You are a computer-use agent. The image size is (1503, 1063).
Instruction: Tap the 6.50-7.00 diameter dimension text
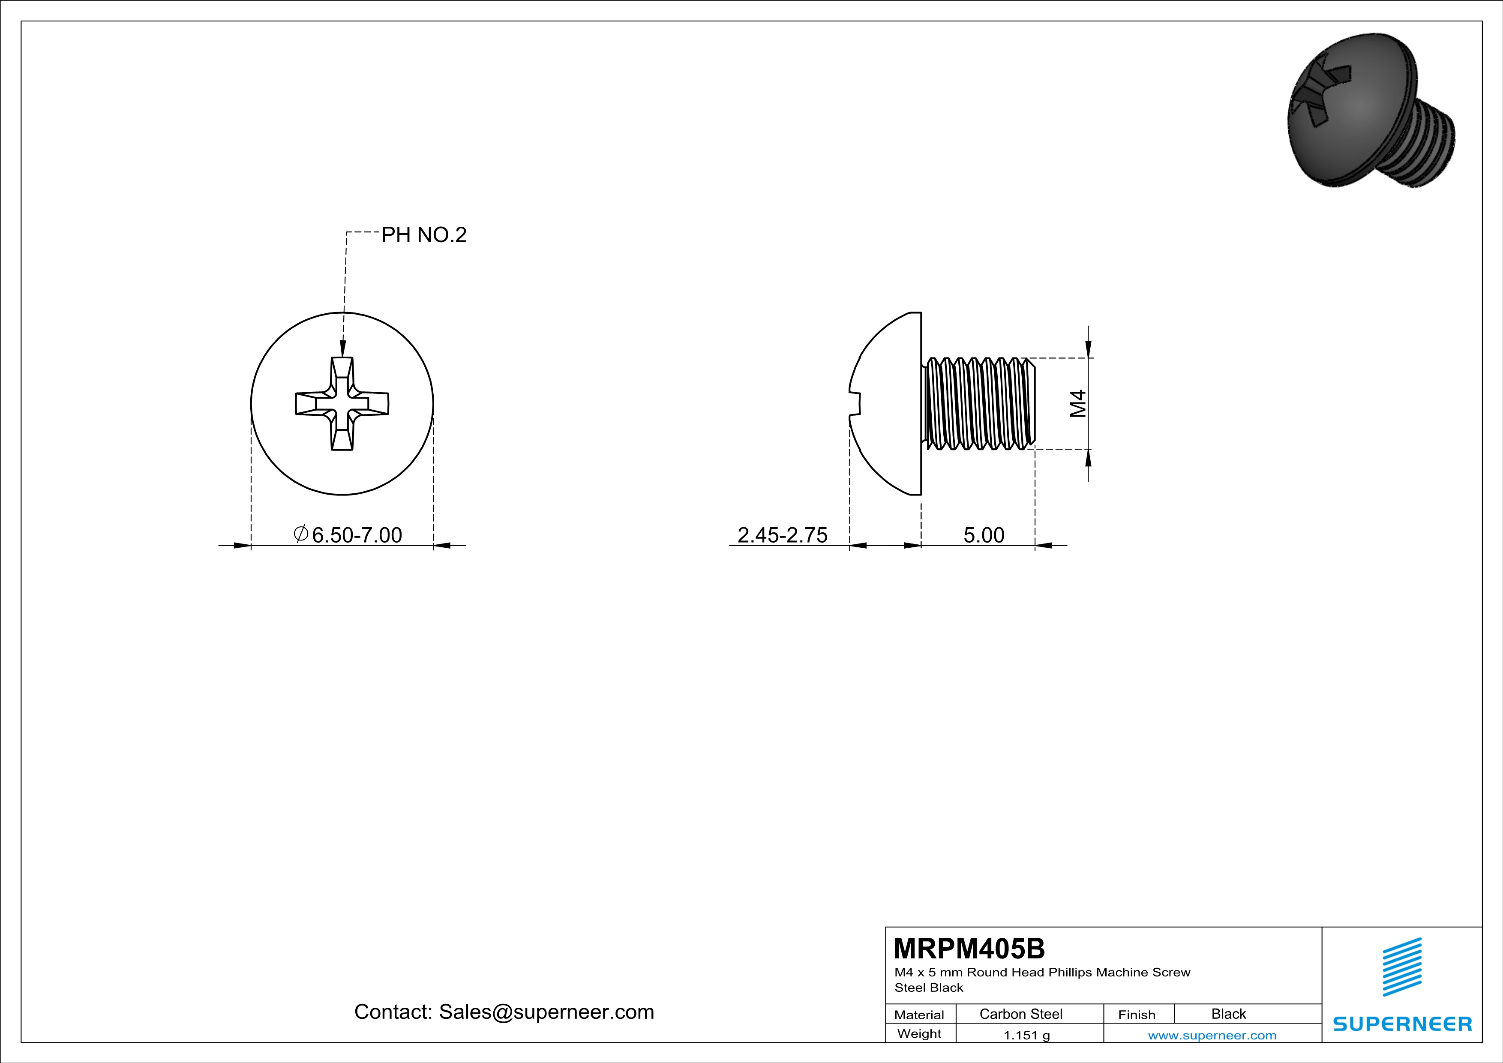point(357,535)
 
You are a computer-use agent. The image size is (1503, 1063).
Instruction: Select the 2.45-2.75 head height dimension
point(782,535)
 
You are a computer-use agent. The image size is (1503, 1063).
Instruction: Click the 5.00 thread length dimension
point(983,535)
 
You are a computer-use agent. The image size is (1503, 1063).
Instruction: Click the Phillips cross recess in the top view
point(342,403)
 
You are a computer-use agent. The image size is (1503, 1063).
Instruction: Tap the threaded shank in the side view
point(979,403)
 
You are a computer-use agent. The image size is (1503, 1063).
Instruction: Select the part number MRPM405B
point(969,949)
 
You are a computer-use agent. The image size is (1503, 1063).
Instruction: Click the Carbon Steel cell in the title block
point(1020,1014)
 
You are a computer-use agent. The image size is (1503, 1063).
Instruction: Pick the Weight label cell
point(919,1033)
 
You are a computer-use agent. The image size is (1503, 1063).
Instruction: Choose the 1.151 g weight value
point(1026,1035)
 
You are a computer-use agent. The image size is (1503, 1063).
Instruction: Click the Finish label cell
point(1137,1015)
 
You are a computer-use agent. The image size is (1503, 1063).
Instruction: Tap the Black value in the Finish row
point(1228,1014)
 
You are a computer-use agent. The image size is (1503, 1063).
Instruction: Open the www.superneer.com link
point(1212,1035)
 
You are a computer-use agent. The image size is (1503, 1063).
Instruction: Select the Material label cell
point(919,1015)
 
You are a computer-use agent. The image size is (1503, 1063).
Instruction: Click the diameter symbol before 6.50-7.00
point(301,534)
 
